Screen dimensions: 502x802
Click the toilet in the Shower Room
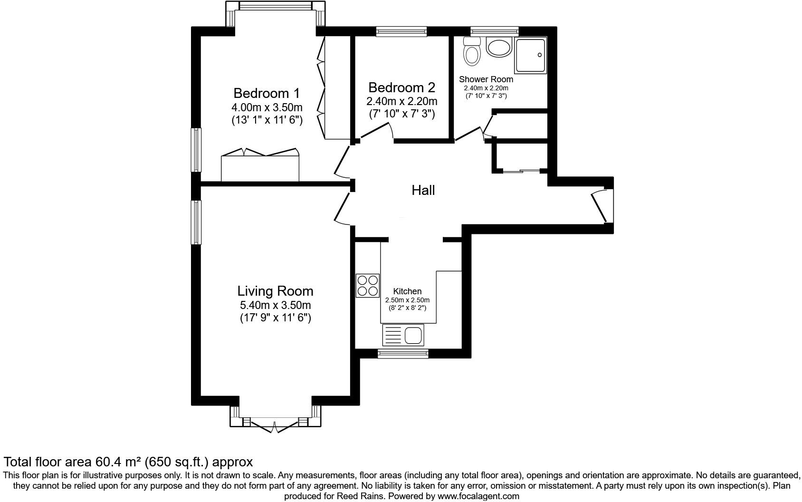(x=472, y=52)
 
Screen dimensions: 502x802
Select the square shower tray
(x=531, y=55)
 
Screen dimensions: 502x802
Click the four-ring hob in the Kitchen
(x=368, y=286)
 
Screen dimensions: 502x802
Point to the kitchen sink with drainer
(x=402, y=335)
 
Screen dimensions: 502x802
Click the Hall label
(x=423, y=191)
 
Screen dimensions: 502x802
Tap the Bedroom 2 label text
(x=401, y=87)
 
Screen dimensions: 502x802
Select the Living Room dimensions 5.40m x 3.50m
(x=276, y=305)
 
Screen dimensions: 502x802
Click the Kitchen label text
(x=407, y=291)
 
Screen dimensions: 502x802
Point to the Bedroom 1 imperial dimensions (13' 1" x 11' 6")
(x=267, y=120)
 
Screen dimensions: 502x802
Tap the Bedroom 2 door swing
(x=378, y=131)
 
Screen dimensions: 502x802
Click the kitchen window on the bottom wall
(x=403, y=353)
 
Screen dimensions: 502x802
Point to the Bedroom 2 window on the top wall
(x=401, y=31)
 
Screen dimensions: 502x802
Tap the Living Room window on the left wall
(x=196, y=222)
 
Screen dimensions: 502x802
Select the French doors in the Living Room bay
(x=275, y=426)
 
